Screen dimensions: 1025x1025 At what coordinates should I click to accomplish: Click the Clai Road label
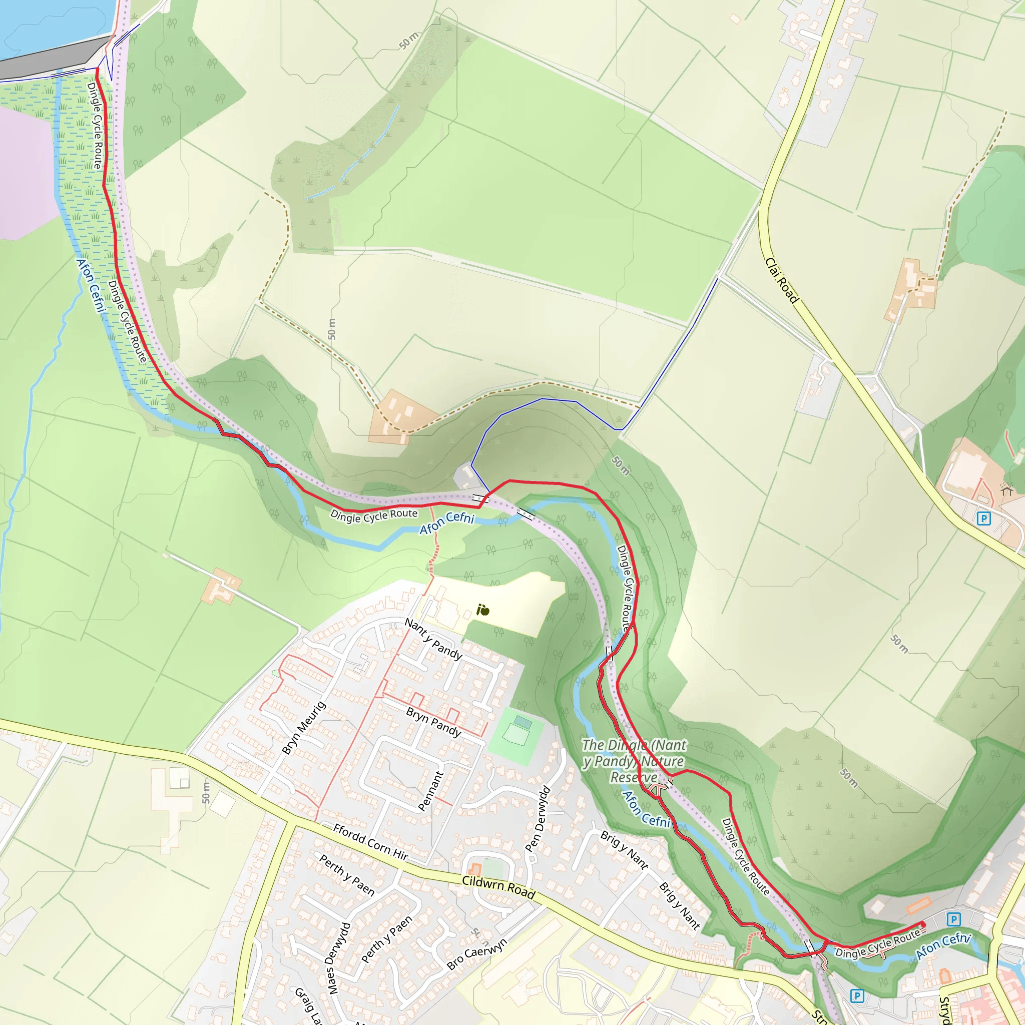[x=781, y=281]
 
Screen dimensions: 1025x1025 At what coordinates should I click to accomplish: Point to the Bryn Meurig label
[x=303, y=728]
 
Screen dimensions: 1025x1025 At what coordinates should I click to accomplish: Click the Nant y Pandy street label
[x=433, y=639]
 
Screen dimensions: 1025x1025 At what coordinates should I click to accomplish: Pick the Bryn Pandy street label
[x=433, y=722]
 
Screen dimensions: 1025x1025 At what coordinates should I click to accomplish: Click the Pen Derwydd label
[x=538, y=819]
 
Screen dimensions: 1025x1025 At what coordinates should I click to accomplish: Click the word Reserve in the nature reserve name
[x=634, y=778]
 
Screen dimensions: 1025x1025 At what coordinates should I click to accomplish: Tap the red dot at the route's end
[x=922, y=925]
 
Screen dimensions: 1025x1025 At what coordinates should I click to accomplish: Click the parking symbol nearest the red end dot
[x=953, y=919]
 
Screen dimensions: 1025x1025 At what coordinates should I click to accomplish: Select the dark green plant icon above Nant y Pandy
[x=482, y=610]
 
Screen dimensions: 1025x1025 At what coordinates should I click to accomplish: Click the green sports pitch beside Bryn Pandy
[x=515, y=735]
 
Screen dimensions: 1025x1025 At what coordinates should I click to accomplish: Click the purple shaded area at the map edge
[x=24, y=170]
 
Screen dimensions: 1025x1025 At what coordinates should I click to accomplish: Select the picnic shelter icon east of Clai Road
[x=1007, y=491]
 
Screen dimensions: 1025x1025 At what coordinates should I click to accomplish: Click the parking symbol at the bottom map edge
[x=857, y=996]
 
